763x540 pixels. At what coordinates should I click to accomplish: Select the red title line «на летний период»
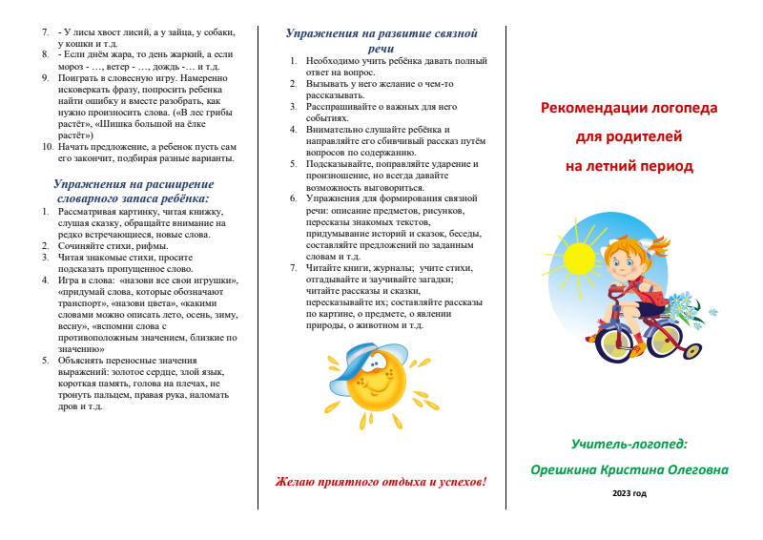click(629, 166)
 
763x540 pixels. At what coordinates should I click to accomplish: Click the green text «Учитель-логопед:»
click(629, 444)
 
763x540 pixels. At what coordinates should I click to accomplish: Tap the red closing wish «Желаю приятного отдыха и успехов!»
click(381, 481)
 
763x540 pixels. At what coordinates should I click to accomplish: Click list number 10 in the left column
click(49, 147)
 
